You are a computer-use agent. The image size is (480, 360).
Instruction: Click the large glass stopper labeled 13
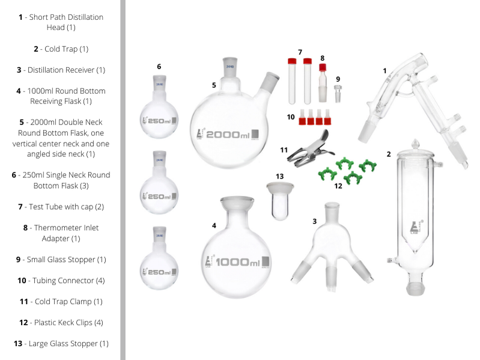tap(280, 198)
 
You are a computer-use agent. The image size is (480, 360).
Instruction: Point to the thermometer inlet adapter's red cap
tap(322, 68)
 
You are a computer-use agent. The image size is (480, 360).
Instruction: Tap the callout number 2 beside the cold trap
tap(389, 154)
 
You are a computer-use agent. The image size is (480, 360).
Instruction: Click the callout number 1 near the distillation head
tap(384, 70)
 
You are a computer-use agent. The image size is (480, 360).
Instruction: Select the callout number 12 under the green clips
tap(338, 186)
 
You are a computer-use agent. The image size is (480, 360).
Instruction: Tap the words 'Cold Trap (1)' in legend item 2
tap(67, 49)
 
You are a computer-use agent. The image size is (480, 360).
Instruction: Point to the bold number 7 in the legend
tap(20, 207)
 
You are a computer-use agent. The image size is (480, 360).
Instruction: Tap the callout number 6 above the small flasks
tap(159, 66)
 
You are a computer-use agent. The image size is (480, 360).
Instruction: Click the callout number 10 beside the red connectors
tap(290, 117)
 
